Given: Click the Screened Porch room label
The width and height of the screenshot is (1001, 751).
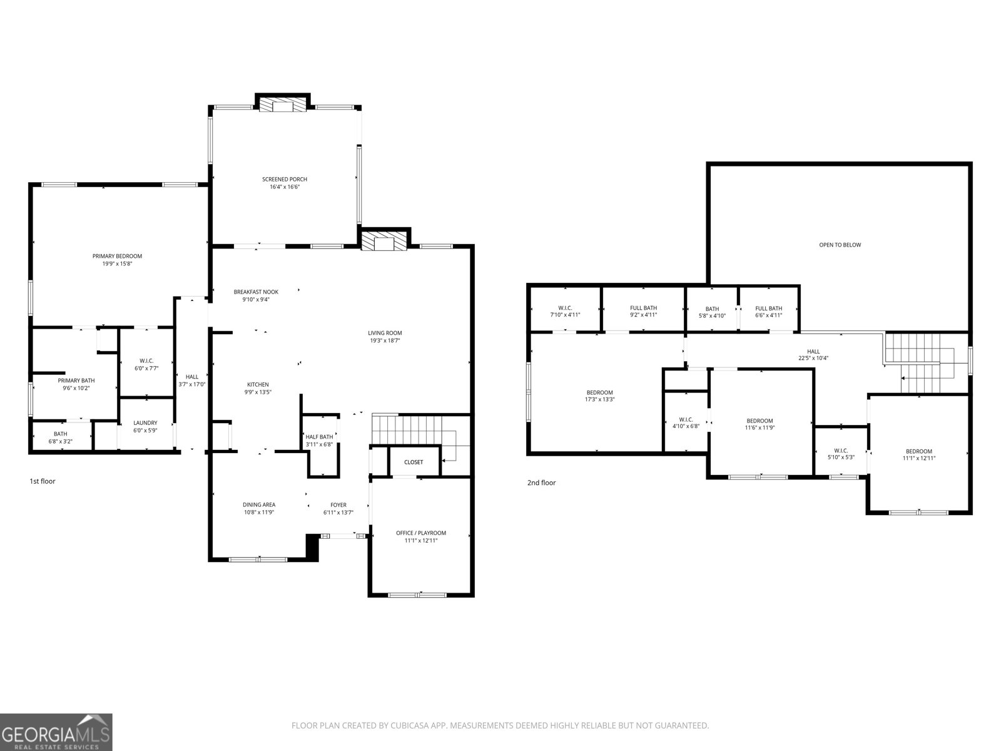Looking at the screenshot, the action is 285,179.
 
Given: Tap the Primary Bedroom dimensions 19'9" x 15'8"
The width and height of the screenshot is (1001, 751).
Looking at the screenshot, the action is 117,263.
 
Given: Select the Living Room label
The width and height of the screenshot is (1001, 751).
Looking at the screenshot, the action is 385,333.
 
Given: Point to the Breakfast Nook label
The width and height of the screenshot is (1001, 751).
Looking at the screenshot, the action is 256,292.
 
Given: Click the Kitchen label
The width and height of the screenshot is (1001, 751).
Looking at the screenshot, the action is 258,384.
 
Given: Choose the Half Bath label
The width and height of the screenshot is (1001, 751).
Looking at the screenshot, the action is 319,437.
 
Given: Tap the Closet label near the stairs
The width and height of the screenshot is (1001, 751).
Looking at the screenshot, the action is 414,462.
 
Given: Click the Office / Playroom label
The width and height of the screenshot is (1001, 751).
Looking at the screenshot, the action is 421,533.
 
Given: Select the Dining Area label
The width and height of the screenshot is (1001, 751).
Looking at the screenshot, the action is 258,504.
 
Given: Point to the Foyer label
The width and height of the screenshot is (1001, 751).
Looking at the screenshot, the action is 338,505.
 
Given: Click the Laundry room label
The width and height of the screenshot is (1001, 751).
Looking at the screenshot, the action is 146,422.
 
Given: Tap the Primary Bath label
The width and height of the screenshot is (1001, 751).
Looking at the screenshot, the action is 76,381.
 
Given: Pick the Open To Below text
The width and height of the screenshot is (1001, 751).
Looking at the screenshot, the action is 840,245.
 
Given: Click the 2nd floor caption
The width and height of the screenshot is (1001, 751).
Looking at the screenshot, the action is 541,483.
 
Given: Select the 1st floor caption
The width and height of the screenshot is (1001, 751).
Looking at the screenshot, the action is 43,481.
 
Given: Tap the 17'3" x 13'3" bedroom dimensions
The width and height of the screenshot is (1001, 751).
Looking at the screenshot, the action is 600,399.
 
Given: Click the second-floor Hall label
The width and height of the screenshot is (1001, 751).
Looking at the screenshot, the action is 813,352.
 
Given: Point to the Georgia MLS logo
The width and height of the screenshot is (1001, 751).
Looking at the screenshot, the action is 56,732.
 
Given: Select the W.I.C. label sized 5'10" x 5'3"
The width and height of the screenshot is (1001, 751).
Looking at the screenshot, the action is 841,451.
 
